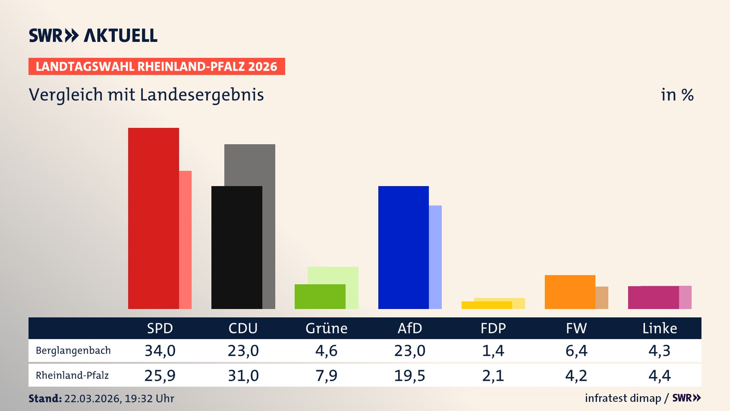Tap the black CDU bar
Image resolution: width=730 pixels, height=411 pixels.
tap(236, 247)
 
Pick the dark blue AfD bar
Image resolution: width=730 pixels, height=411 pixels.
tap(403, 247)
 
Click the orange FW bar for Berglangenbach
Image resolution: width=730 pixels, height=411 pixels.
tap(570, 292)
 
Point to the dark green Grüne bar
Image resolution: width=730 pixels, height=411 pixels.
tap(320, 296)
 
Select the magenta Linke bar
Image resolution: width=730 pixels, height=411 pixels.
tap(653, 298)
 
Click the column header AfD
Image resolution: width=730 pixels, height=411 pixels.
tap(409, 328)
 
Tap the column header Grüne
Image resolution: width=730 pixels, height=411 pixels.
tap(326, 328)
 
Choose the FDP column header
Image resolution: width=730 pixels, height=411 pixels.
tap(493, 328)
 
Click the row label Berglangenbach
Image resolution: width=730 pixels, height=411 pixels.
tap(73, 350)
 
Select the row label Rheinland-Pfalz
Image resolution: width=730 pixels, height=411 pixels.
tap(72, 376)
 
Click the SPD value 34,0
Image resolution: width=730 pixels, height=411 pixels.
tap(160, 350)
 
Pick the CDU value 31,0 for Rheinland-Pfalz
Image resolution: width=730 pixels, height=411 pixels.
tap(243, 376)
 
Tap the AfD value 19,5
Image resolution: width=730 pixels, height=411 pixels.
tap(409, 376)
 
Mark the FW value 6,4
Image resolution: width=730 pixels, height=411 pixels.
tap(576, 350)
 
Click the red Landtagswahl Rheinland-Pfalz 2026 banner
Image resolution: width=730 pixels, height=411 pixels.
tap(157, 67)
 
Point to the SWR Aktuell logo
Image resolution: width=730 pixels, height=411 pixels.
tap(93, 35)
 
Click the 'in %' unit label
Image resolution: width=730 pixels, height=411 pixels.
tap(677, 95)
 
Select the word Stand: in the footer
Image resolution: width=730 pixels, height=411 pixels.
tap(45, 398)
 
